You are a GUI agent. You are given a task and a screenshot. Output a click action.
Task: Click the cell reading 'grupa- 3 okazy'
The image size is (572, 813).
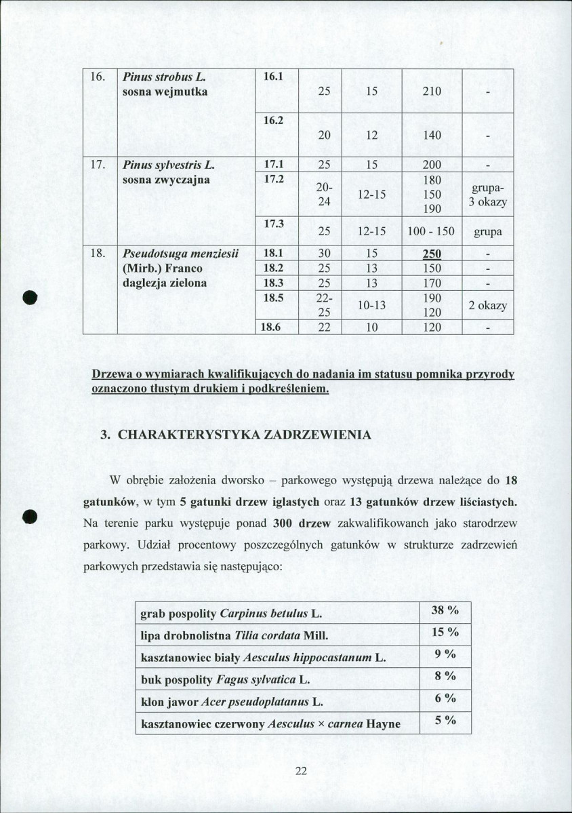(x=487, y=195)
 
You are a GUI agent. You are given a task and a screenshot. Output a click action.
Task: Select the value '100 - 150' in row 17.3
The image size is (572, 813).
(x=432, y=232)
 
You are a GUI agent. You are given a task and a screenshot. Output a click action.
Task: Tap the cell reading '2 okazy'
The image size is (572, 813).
(x=487, y=305)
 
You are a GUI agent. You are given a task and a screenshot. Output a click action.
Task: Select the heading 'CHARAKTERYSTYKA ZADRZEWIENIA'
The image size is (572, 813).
(x=245, y=435)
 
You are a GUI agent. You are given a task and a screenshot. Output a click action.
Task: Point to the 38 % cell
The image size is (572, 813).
(x=445, y=611)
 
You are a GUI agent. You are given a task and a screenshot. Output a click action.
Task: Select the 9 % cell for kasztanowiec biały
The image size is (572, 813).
(x=445, y=655)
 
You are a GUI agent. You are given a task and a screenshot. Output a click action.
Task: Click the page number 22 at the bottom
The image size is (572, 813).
(x=302, y=770)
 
